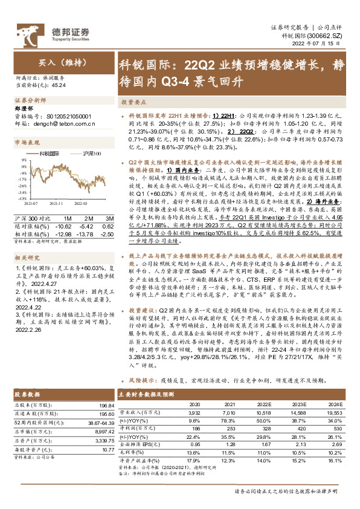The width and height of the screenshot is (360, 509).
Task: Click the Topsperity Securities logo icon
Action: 37,31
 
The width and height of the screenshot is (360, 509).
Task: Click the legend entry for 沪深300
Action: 86,154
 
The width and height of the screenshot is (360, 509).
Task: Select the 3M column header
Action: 109,217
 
